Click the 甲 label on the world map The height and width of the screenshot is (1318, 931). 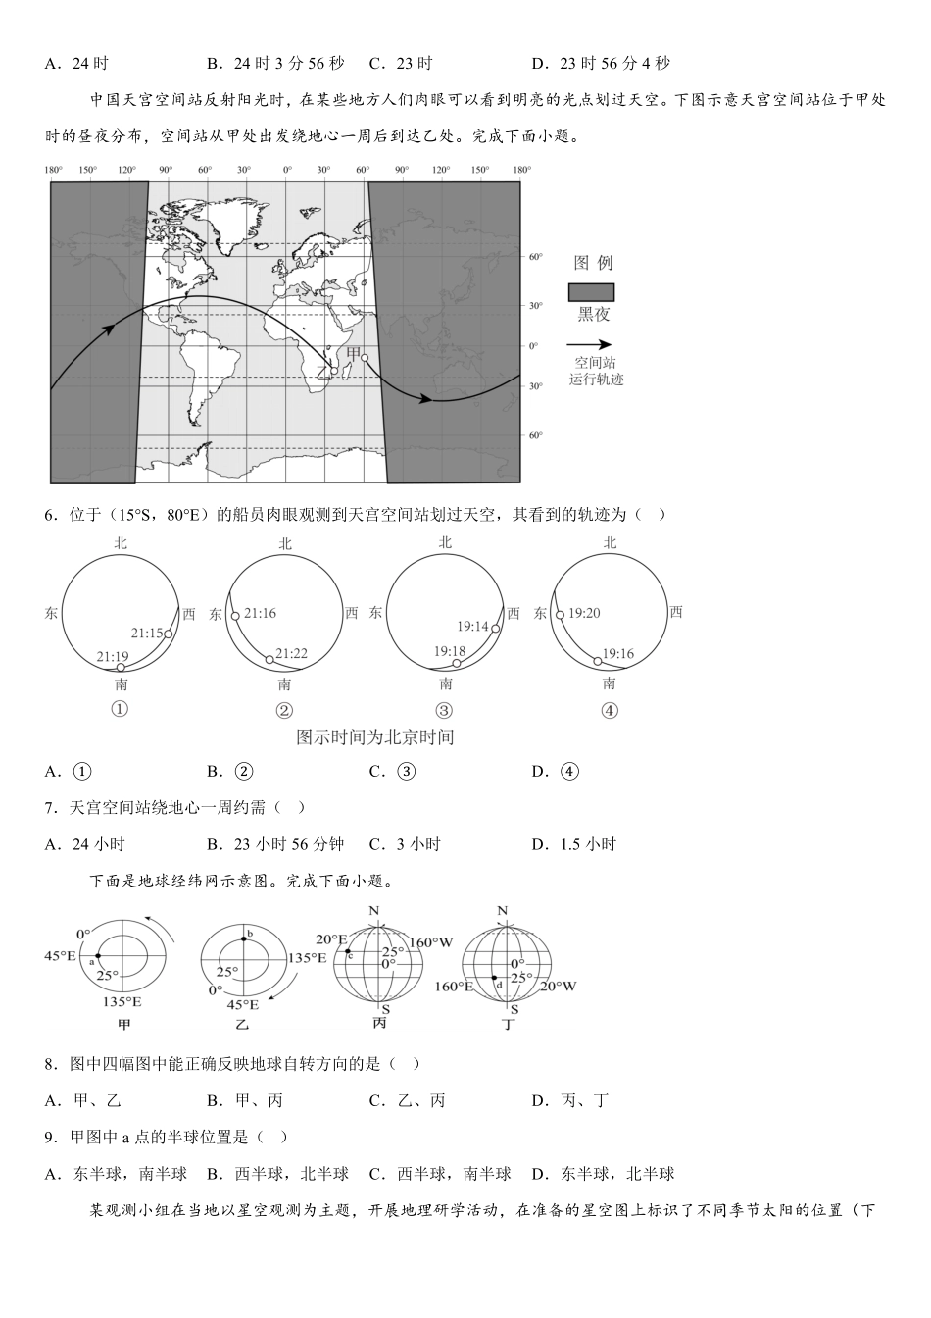354,353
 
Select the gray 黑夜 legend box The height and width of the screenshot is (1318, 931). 591,292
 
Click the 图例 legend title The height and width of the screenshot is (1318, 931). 592,263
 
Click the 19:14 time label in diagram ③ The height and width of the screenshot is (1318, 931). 472,627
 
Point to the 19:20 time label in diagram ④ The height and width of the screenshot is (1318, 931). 584,613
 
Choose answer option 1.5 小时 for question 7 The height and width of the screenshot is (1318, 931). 587,844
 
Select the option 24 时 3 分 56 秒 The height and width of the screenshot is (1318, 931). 275,64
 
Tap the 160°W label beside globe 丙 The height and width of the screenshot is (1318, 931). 431,942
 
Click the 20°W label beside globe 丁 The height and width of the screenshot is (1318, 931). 558,986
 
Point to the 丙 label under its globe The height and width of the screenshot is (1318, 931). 379,1024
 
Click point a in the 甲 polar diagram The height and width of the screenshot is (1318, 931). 98,955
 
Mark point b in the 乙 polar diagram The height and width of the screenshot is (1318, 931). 243,938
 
